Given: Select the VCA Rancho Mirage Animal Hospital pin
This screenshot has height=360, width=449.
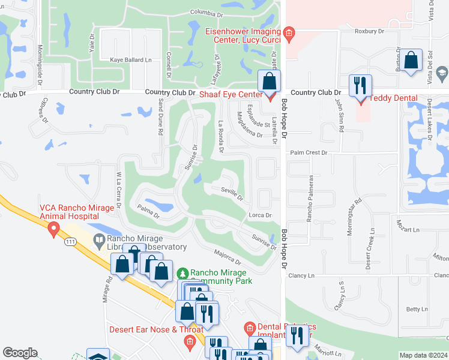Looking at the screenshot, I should [53, 229].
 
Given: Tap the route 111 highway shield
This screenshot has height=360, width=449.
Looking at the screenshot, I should [70, 241].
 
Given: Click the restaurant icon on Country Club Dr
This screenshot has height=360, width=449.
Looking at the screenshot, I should [360, 85].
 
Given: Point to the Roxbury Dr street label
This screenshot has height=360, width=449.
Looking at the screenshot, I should [369, 31].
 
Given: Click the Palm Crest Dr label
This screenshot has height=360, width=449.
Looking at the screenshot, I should [308, 153].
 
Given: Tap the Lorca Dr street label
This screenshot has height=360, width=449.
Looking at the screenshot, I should [260, 215].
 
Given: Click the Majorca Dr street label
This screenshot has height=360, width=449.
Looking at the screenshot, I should [227, 258].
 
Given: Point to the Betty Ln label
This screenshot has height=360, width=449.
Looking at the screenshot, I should [417, 309].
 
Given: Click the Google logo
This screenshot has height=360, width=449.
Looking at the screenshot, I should [20, 353].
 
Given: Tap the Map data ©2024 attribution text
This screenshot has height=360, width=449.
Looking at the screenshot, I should [423, 355].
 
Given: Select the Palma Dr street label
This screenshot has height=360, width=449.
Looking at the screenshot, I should [148, 211].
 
